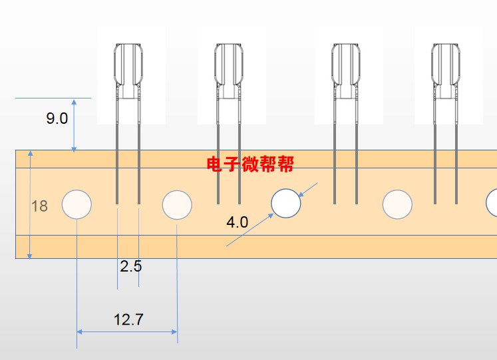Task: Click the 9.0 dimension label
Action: pos(57,119)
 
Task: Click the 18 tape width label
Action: pos(40,206)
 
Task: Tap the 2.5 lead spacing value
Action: pos(130,267)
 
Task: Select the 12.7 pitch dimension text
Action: pos(128,319)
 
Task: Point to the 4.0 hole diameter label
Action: pos(237,222)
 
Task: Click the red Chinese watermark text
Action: pos(250,164)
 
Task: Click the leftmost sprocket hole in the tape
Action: pos(77,204)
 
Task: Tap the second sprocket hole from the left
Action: pos(177,204)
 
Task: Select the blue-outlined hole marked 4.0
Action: pos(286,204)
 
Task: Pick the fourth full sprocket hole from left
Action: pos(398,204)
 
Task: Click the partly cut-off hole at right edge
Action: pos(492,202)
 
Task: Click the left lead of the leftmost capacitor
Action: pos(117,153)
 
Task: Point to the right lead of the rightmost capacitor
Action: pos(456,153)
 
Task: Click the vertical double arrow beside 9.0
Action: pos(74,125)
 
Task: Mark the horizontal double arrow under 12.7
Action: pos(127,331)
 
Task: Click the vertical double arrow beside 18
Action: pos(29,204)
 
